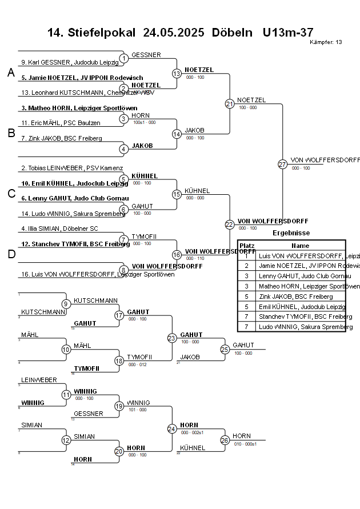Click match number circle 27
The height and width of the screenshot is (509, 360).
282,164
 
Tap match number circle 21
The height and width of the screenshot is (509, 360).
229,103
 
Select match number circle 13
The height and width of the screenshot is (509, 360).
177,73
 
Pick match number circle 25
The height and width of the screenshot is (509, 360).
225,349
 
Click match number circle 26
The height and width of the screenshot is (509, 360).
225,440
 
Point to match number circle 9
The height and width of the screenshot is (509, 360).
66,304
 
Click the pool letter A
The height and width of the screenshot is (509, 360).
10,73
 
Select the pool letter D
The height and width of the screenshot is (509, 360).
10,254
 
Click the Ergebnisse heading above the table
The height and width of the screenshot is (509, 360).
291,233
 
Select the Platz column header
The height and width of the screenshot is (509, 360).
247,245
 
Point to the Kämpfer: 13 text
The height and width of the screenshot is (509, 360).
326,42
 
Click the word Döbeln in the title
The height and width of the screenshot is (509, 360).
231,33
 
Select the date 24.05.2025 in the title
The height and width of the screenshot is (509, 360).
174,33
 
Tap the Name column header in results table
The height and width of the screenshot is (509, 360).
300,245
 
